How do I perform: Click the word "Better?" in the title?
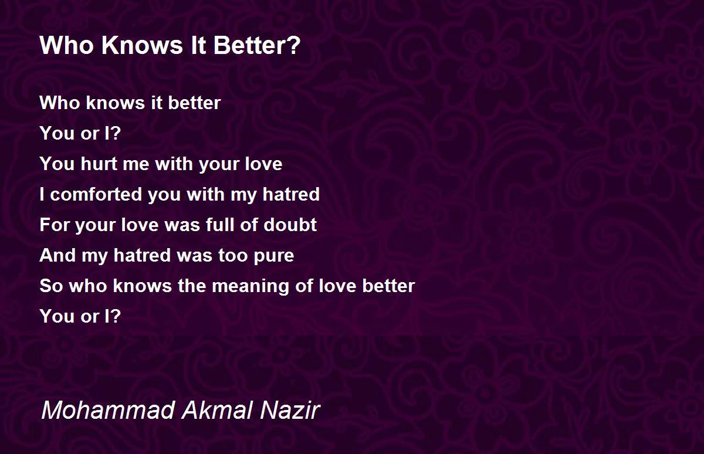tap(257, 45)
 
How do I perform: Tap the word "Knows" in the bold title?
tap(142, 45)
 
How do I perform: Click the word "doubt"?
tap(290, 225)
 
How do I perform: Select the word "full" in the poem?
tap(219, 225)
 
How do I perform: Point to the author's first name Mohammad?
tap(108, 410)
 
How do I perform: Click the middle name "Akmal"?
tap(218, 410)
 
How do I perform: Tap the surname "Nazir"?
tap(290, 410)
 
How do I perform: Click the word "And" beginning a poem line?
tap(57, 255)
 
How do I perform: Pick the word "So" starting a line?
tap(51, 286)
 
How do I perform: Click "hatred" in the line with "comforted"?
tap(291, 194)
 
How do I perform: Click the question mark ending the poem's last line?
tap(116, 316)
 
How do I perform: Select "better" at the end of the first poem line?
tap(194, 103)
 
